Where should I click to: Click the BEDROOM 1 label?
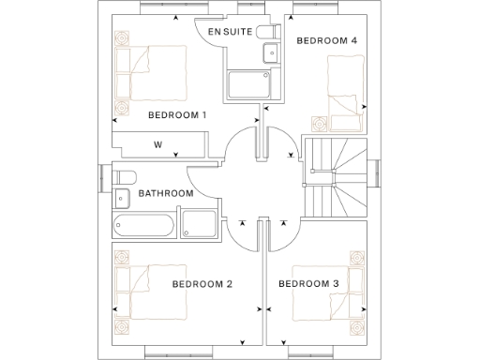click(x=177, y=115)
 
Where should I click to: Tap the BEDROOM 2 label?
click(x=202, y=284)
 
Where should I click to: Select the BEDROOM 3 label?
click(x=308, y=284)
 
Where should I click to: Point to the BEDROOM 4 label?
click(x=326, y=41)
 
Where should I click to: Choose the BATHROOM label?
click(x=166, y=194)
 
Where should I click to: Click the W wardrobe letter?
click(x=157, y=145)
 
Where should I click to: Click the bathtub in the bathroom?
click(x=142, y=225)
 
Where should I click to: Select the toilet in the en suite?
click(x=269, y=31)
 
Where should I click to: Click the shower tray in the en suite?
click(x=250, y=85)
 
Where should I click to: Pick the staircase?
click(x=337, y=178)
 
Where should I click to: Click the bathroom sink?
click(x=122, y=198)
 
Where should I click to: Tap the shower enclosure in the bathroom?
click(x=198, y=225)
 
